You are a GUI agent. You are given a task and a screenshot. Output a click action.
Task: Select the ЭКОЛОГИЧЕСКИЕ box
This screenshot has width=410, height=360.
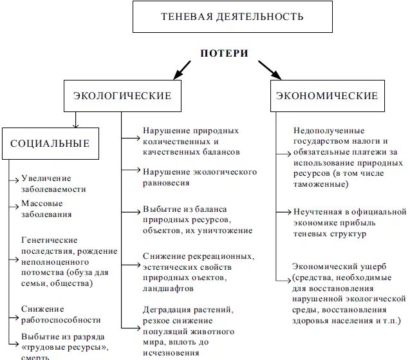point(122,96)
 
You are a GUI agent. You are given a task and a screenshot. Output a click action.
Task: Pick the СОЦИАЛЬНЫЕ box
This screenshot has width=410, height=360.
point(50,144)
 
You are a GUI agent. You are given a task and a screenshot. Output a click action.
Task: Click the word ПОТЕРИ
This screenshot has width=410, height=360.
point(223,53)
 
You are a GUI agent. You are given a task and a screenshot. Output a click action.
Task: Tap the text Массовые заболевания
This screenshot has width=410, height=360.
point(46,209)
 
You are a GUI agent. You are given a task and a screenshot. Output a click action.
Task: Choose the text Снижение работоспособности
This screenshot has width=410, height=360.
point(61,314)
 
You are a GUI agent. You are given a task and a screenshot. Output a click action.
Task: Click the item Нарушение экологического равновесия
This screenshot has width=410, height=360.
point(200,177)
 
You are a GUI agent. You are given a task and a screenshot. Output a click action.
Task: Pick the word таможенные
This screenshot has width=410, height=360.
point(319,184)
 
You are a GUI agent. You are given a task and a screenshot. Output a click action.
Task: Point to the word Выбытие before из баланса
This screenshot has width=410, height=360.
point(161,209)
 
